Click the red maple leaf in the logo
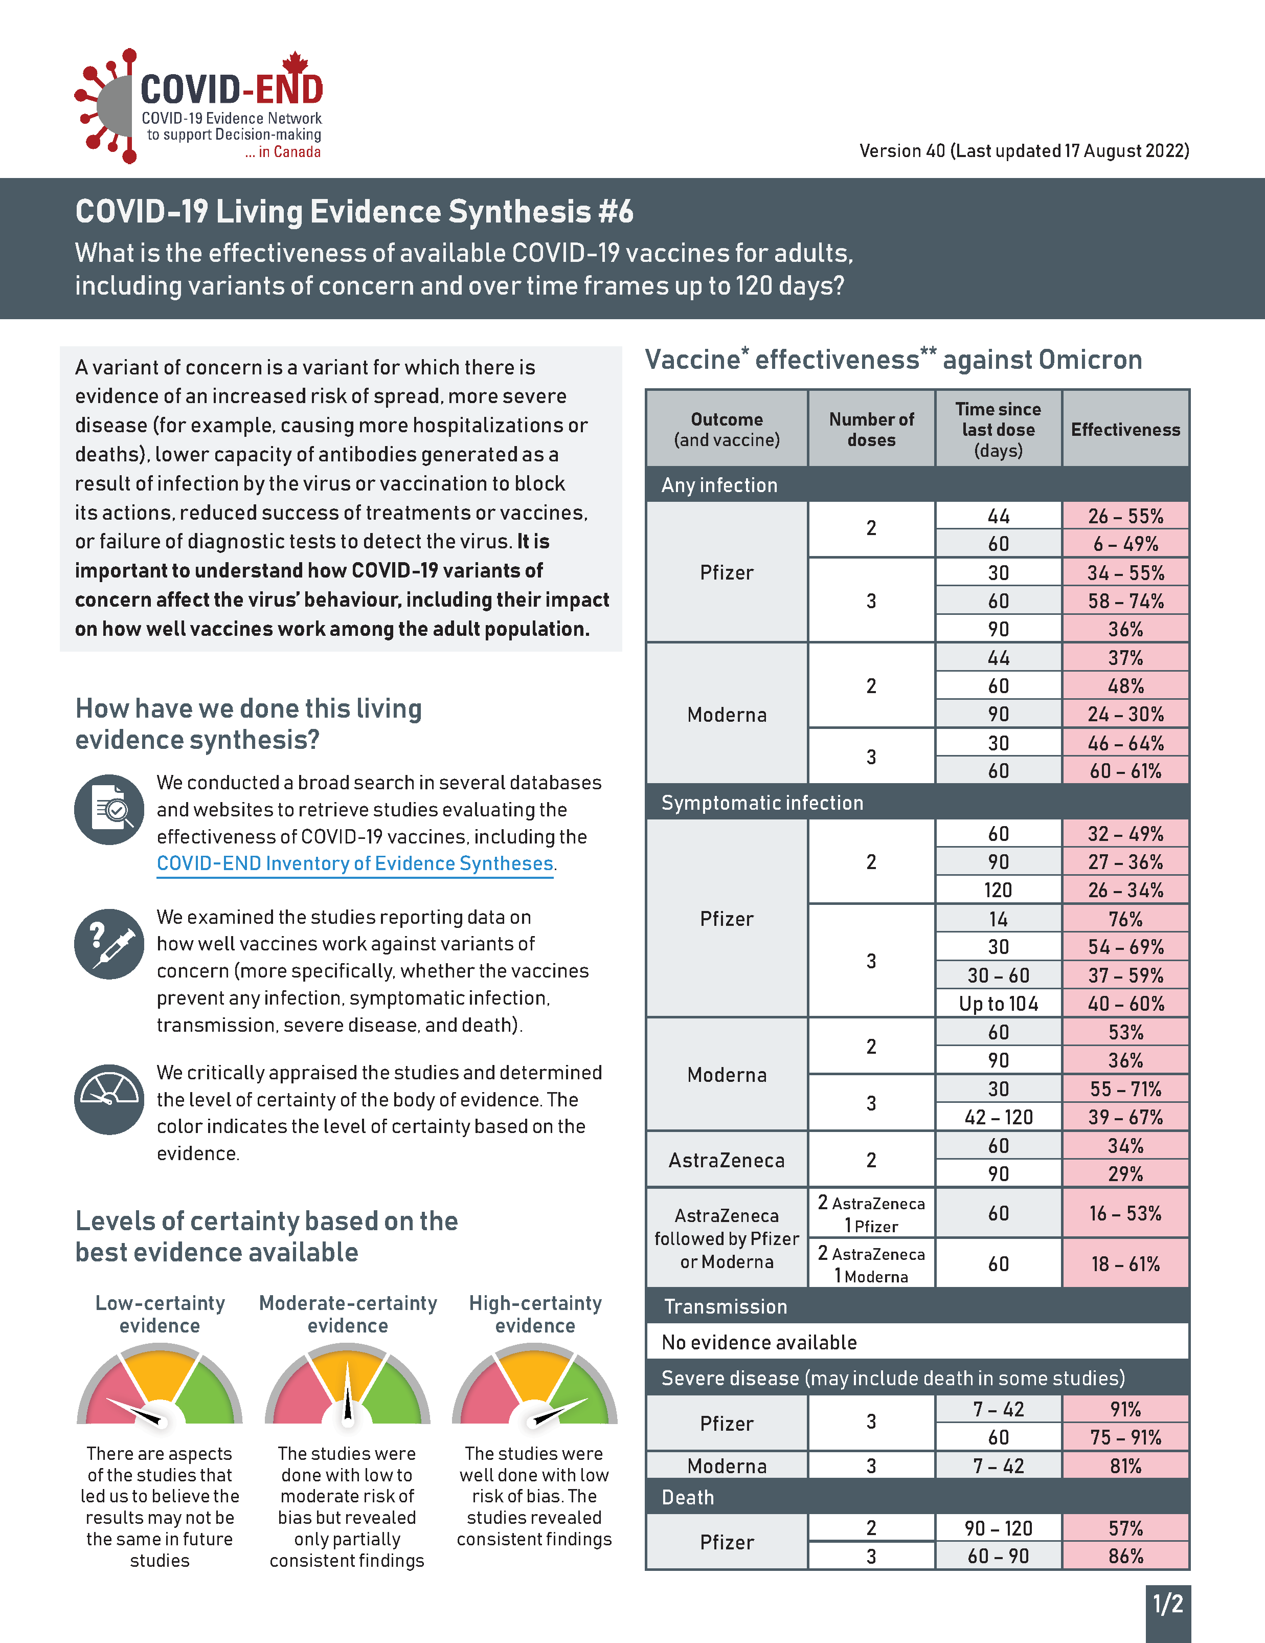tap(296, 63)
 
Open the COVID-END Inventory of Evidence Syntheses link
tap(355, 863)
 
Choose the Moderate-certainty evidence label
tap(348, 1314)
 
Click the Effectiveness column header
tap(1125, 430)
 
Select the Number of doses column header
tap(871, 430)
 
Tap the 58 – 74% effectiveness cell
tap(1125, 601)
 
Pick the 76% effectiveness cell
tap(1125, 919)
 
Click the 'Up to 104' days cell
tap(998, 1004)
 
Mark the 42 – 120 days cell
tap(998, 1117)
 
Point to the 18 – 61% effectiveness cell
tap(1125, 1264)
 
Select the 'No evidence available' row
tap(917, 1342)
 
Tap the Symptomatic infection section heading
tap(762, 803)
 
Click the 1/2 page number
tap(1168, 1604)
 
